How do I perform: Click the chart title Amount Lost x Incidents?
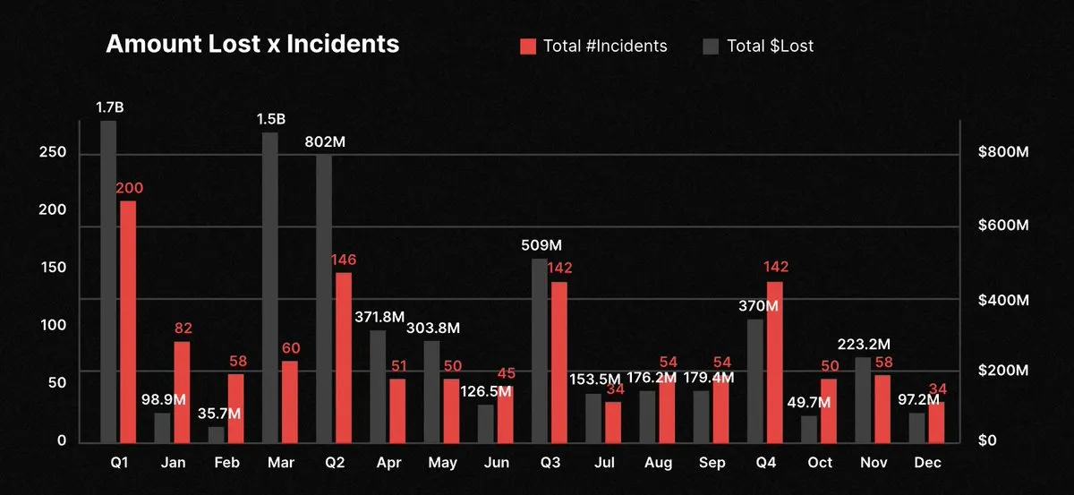(x=252, y=44)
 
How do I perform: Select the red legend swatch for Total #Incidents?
(x=528, y=46)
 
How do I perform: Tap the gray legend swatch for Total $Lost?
(x=711, y=46)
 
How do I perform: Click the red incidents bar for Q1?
(x=128, y=321)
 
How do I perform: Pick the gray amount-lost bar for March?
(x=269, y=287)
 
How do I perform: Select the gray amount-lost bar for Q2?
(x=324, y=298)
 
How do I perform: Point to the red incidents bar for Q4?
(x=774, y=362)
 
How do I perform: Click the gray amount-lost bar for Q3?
(x=539, y=350)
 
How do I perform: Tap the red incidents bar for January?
(x=182, y=392)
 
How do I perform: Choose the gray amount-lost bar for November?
(x=863, y=399)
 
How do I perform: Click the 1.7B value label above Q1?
(x=109, y=108)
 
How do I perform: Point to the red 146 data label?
(x=344, y=260)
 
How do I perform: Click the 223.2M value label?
(x=865, y=344)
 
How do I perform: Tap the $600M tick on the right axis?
(x=1002, y=226)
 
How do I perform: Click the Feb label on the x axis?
(x=226, y=463)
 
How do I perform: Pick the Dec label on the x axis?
(x=927, y=463)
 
